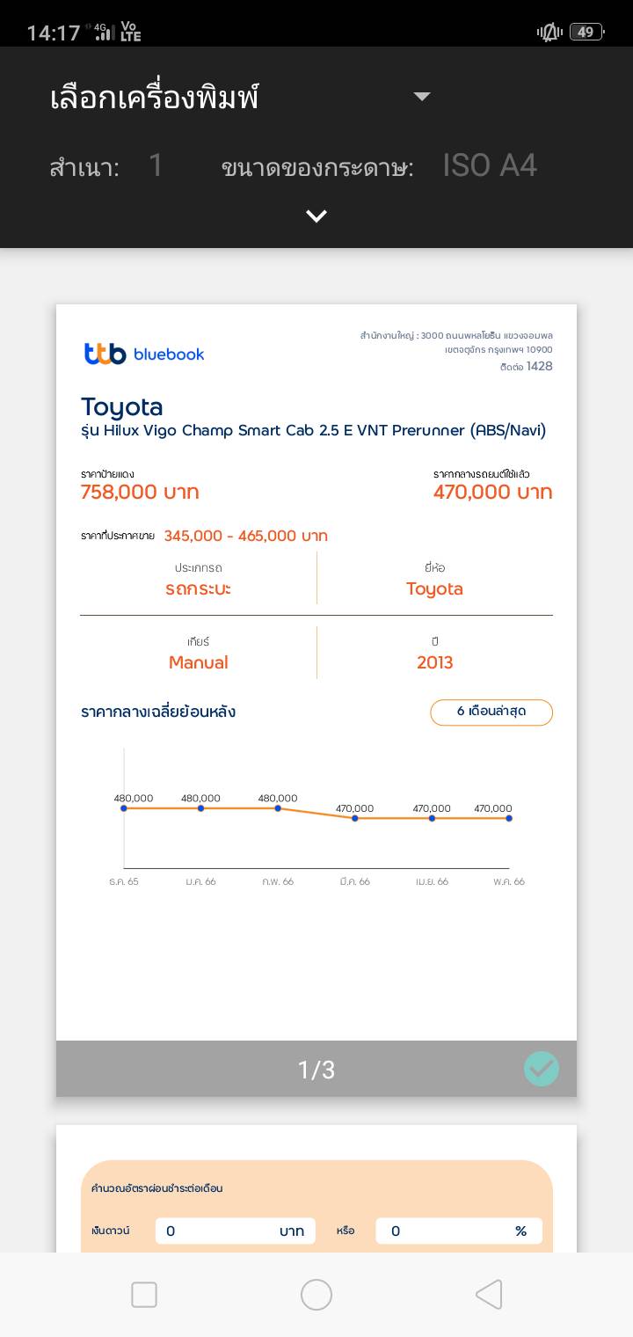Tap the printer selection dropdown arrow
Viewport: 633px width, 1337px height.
[x=422, y=97]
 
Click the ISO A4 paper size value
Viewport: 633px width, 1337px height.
[x=490, y=165]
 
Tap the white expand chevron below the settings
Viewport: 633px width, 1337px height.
[x=316, y=216]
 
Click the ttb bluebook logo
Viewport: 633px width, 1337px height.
[x=144, y=354]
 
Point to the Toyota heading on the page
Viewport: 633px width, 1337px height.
[x=122, y=406]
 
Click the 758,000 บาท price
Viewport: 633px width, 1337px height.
[x=140, y=493]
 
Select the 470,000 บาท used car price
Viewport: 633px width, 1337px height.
[x=492, y=493]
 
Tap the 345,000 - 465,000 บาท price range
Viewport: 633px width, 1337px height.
[x=245, y=536]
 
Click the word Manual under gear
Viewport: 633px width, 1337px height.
[x=198, y=662]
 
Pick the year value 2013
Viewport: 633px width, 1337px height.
[x=434, y=662]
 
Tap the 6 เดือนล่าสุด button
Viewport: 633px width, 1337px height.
[x=491, y=712]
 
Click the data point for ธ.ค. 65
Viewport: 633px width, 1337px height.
[x=124, y=808]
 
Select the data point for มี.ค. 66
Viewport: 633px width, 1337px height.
[x=355, y=818]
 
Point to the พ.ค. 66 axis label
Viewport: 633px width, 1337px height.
[x=508, y=881]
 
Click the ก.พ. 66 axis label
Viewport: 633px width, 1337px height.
[x=278, y=881]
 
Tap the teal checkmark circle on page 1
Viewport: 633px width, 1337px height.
[x=542, y=1069]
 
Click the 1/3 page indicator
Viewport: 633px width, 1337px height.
[x=316, y=1070]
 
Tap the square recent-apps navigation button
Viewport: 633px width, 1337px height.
[x=144, y=1295]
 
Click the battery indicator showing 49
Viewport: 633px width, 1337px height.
[x=586, y=33]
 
